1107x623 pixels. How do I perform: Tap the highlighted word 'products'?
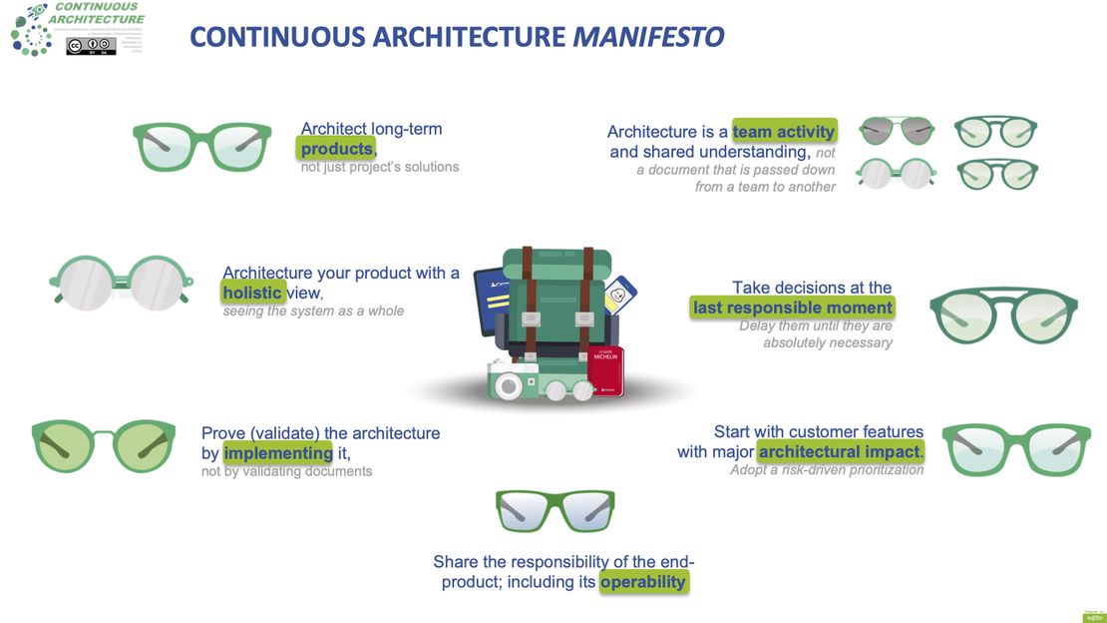[337, 149]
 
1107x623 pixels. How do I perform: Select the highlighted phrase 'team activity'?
[784, 132]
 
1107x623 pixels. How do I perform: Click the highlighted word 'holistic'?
[253, 293]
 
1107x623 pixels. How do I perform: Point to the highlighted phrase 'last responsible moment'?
[793, 308]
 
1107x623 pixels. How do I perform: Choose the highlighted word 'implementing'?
[278, 453]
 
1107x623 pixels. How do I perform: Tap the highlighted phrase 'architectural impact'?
[841, 452]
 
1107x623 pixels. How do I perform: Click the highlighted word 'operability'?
[643, 582]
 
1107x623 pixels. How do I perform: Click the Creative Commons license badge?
[91, 45]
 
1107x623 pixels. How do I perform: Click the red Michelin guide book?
[605, 369]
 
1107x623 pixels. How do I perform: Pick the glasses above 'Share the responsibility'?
[555, 510]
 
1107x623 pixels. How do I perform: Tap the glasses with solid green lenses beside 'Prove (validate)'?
[104, 444]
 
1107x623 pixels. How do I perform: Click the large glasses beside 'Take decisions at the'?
[1003, 315]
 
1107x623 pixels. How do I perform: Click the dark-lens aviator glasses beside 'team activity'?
[897, 131]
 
